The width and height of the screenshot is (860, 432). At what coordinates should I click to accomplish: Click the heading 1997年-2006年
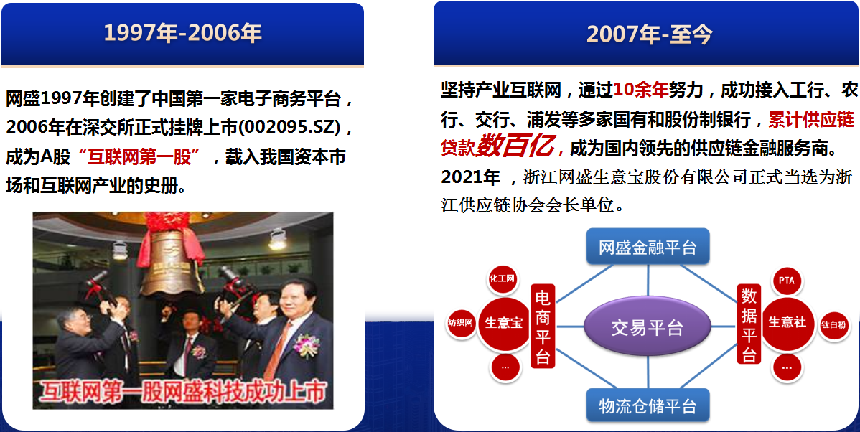182,34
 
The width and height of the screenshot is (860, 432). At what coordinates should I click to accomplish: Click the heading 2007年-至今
650,34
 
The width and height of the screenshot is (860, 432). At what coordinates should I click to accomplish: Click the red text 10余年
640,90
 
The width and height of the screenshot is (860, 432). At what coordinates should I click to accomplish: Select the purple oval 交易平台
648,327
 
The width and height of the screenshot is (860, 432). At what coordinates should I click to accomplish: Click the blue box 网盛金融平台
648,248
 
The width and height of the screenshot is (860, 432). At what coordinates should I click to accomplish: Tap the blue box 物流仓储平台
648,406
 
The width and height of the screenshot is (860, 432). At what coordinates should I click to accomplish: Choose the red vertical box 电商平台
543,327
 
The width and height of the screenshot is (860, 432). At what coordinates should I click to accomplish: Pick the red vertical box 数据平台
749,324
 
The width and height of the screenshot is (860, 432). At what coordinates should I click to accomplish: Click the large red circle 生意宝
503,322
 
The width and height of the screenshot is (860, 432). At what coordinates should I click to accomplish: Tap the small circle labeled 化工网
503,278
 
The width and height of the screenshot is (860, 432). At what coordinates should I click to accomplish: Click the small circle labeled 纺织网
460,322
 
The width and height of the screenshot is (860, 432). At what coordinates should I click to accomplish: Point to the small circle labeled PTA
787,281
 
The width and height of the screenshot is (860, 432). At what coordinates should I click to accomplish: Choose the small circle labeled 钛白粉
833,324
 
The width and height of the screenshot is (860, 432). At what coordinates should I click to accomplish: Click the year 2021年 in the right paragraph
471,177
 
